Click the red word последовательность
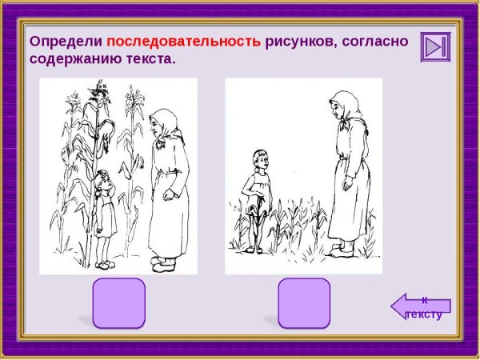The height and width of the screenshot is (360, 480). (x=183, y=42)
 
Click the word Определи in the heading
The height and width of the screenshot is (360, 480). (x=66, y=42)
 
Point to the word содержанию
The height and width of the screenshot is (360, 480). (x=76, y=59)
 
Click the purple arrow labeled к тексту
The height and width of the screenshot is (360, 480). (x=422, y=306)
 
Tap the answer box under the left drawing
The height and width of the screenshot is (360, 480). (x=119, y=302)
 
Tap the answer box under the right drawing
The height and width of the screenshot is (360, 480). (x=304, y=302)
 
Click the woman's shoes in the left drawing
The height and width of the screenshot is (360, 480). (x=163, y=261)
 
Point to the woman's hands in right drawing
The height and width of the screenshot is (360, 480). (x=346, y=186)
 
